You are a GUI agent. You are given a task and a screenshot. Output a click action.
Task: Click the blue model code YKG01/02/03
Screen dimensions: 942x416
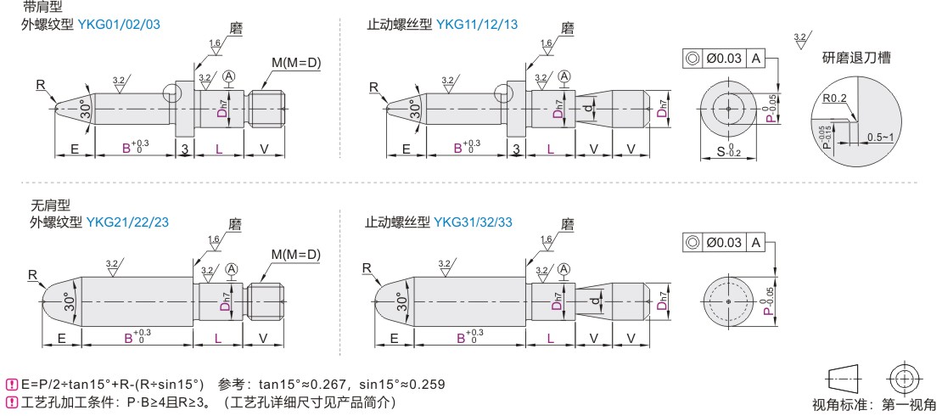click(x=119, y=25)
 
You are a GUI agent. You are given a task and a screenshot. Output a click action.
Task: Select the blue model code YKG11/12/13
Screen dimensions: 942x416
click(x=477, y=25)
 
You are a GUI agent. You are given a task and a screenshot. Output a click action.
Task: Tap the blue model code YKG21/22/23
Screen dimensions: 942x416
click(x=127, y=222)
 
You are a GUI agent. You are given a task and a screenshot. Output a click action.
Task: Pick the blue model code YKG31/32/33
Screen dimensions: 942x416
click(x=474, y=222)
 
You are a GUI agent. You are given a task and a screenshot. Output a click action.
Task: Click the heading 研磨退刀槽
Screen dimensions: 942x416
click(x=856, y=59)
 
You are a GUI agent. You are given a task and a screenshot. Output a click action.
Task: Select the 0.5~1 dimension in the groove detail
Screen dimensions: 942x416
click(x=880, y=138)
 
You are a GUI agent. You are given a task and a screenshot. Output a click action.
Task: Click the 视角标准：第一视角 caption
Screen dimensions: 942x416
click(x=873, y=403)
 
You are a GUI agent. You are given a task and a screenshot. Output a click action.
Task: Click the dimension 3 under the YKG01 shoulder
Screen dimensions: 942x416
click(x=184, y=148)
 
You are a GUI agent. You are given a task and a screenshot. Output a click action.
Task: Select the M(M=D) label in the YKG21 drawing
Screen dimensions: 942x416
click(x=296, y=255)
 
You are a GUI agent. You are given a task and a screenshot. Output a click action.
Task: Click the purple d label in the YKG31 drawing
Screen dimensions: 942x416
click(x=593, y=301)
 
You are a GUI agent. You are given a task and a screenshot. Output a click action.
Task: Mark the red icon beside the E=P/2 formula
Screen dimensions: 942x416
click(x=11, y=384)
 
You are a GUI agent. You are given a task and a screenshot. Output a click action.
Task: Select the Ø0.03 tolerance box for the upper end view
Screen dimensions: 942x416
click(x=724, y=59)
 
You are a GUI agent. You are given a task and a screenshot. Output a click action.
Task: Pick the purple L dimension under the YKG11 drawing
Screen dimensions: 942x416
click(x=550, y=148)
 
